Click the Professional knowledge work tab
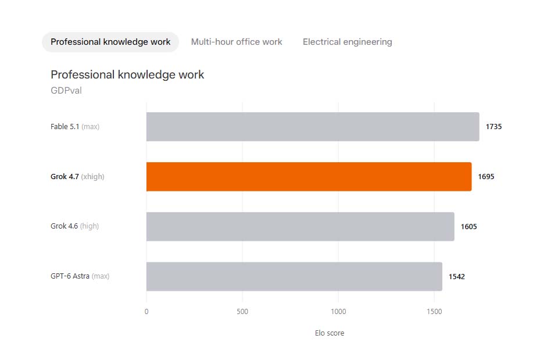(110, 42)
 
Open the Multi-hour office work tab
(237, 42)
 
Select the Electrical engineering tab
(347, 42)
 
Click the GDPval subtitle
(66, 91)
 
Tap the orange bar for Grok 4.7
(309, 177)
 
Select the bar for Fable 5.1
(313, 127)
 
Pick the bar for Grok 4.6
(301, 227)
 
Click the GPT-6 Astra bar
(294, 277)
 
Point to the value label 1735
(493, 127)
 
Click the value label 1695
(486, 177)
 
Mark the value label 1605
(469, 227)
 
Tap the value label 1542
(457, 277)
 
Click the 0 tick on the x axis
(146, 312)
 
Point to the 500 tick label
(242, 312)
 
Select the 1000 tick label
(338, 312)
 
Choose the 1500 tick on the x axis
(434, 312)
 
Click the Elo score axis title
(330, 333)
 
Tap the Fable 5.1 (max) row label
(75, 127)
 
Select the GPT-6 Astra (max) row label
(80, 276)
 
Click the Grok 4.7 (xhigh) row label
(77, 177)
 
